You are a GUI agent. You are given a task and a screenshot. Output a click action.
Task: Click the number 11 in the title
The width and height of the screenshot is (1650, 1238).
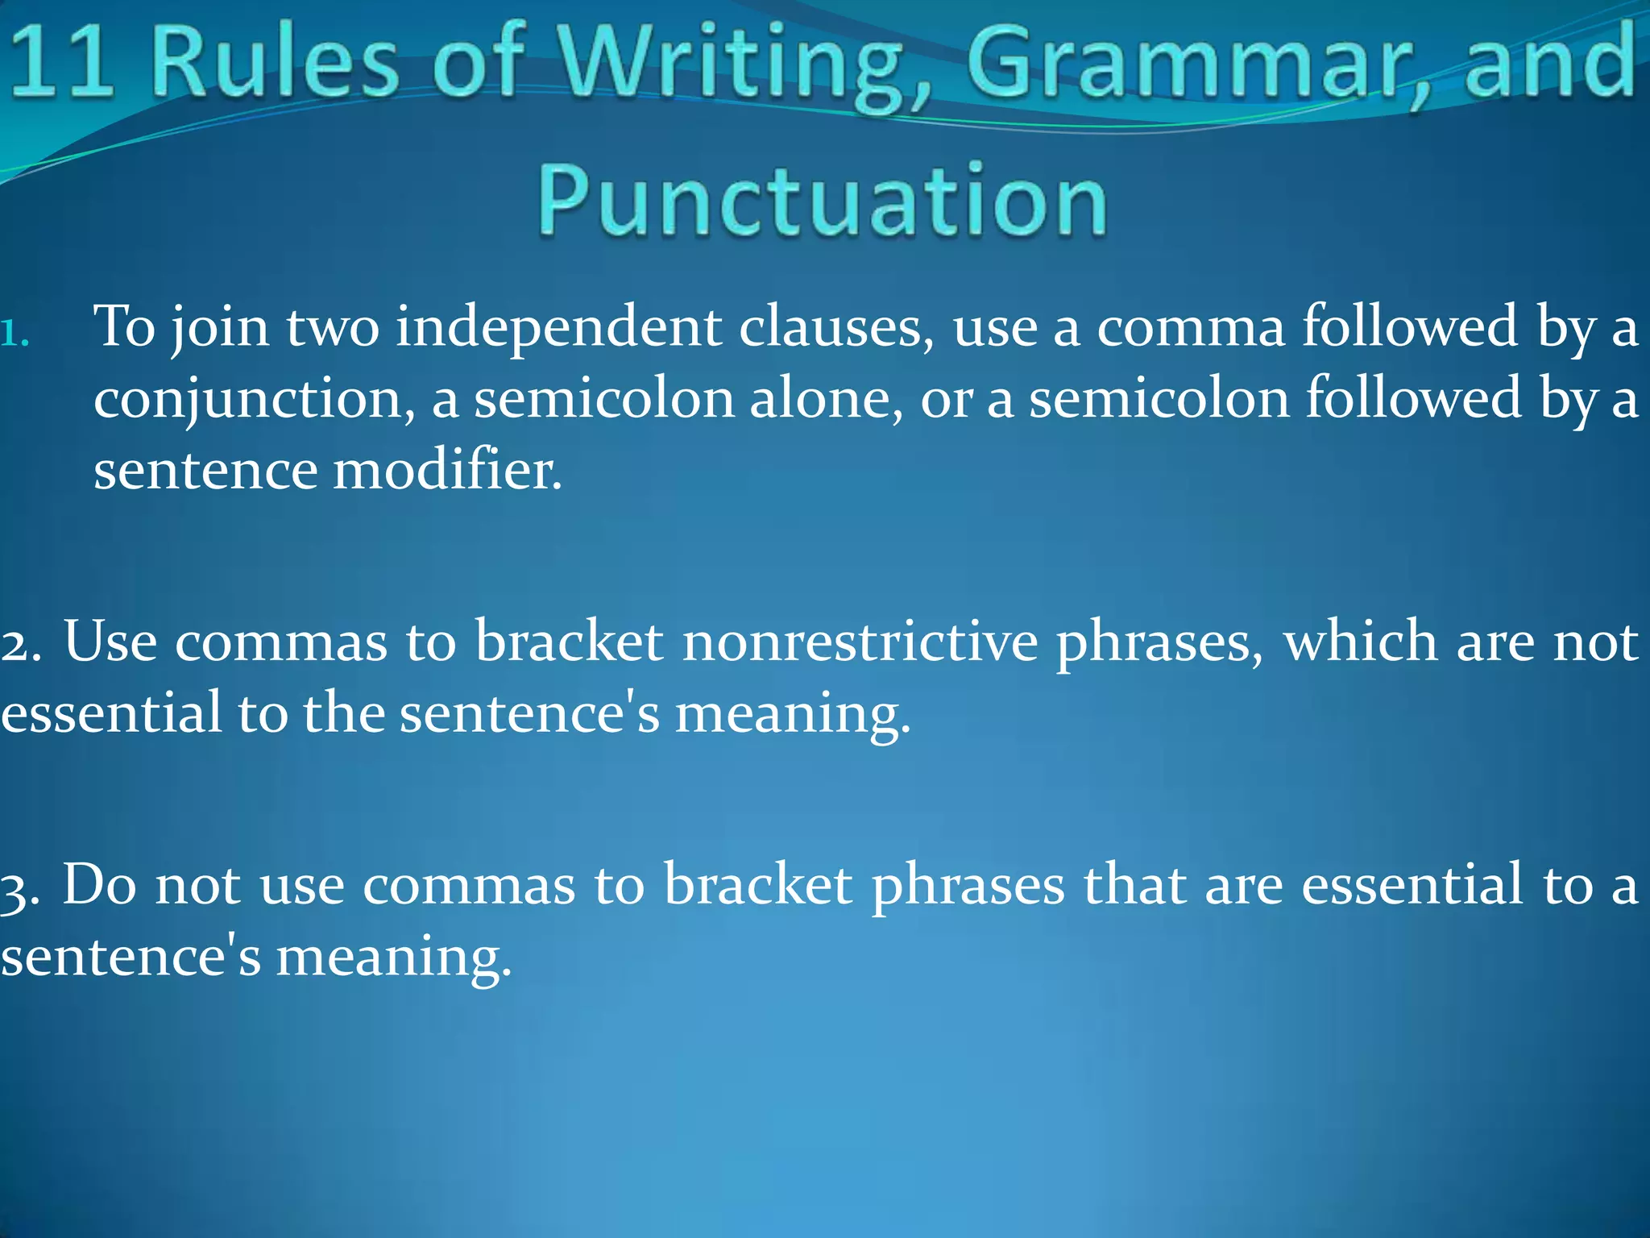tap(61, 61)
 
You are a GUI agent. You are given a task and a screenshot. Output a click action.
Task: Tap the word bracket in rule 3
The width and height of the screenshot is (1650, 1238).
tap(758, 886)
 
